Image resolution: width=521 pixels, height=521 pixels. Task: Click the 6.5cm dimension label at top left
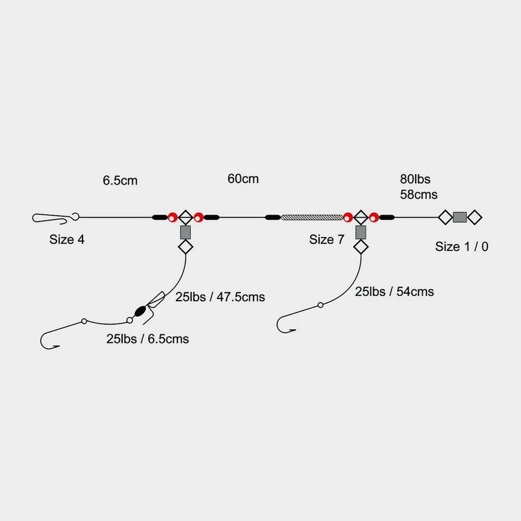click(120, 181)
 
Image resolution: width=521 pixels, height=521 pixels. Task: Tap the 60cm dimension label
click(243, 179)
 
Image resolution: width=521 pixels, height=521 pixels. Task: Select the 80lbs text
click(415, 179)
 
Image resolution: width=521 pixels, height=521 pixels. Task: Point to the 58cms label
click(418, 194)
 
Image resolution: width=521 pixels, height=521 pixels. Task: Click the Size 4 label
click(67, 239)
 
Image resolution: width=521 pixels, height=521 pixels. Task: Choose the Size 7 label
click(327, 239)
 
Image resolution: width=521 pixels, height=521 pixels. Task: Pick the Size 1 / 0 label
click(461, 246)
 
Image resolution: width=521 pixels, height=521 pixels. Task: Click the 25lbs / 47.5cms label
click(220, 297)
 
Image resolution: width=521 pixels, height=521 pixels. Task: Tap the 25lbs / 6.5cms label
click(148, 339)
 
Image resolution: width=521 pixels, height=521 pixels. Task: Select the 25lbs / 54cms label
click(394, 291)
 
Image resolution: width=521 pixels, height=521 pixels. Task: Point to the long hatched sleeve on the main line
click(312, 218)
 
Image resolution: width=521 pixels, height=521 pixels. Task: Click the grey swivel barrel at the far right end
click(460, 218)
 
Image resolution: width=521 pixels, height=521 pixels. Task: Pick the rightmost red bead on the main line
click(374, 218)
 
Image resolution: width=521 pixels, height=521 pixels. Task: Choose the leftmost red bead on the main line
click(172, 218)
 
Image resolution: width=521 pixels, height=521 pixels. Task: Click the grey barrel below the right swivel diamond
click(360, 233)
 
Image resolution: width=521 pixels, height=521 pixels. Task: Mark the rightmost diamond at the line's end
click(474, 218)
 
